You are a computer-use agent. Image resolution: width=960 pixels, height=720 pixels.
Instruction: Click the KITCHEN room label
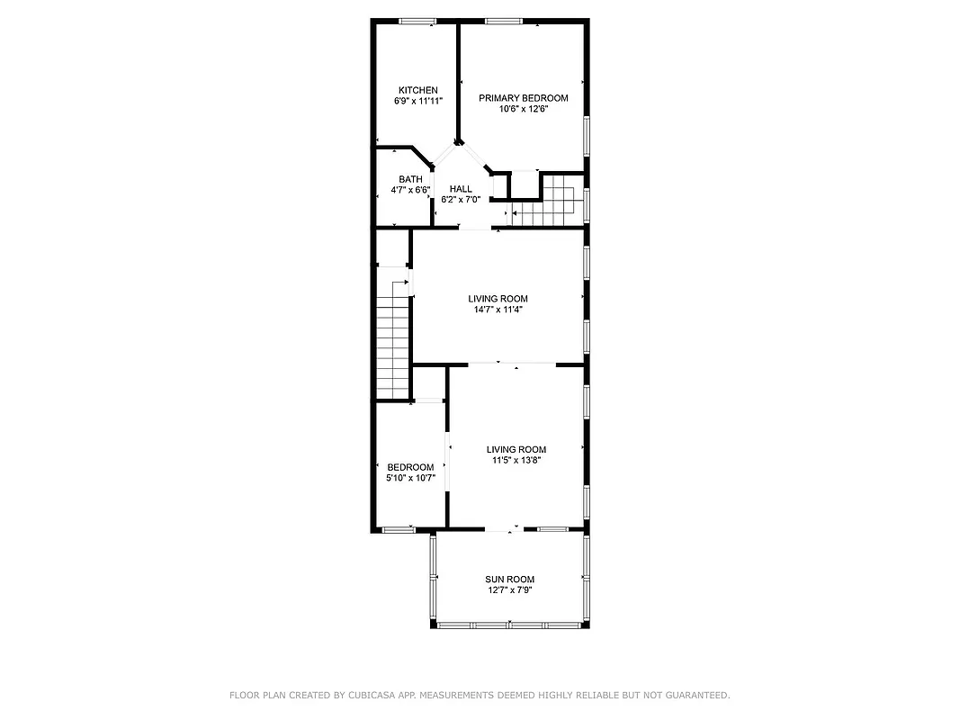(x=418, y=90)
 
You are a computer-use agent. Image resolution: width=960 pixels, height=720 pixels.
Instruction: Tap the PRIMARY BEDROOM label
(x=523, y=98)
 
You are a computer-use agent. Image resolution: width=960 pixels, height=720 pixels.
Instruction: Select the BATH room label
(x=410, y=179)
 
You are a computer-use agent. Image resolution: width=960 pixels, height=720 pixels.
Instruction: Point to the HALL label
(x=461, y=189)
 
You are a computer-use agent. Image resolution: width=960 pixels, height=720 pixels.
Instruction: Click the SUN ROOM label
(x=509, y=580)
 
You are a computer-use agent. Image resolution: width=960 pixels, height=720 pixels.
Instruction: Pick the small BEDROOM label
(x=410, y=467)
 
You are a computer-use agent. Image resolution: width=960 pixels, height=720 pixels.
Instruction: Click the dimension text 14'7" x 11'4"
(x=498, y=310)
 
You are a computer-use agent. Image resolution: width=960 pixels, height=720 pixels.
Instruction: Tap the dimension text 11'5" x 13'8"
(x=516, y=460)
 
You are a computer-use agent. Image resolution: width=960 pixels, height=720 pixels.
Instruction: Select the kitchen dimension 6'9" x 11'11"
(x=418, y=102)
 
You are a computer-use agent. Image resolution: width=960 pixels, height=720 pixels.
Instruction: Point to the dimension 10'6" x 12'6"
(x=523, y=109)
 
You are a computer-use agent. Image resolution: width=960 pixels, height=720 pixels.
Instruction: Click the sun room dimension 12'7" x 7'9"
(x=509, y=590)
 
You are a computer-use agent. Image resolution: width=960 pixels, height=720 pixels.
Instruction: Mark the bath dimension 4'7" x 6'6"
(x=410, y=190)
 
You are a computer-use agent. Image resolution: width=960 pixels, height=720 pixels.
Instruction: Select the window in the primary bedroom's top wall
(x=503, y=21)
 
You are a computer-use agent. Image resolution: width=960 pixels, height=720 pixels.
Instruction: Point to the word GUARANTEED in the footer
(x=694, y=695)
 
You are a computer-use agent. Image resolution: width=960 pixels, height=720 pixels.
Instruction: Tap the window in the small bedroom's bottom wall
(x=396, y=529)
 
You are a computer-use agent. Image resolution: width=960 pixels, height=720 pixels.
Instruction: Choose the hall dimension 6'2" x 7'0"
(x=461, y=200)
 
